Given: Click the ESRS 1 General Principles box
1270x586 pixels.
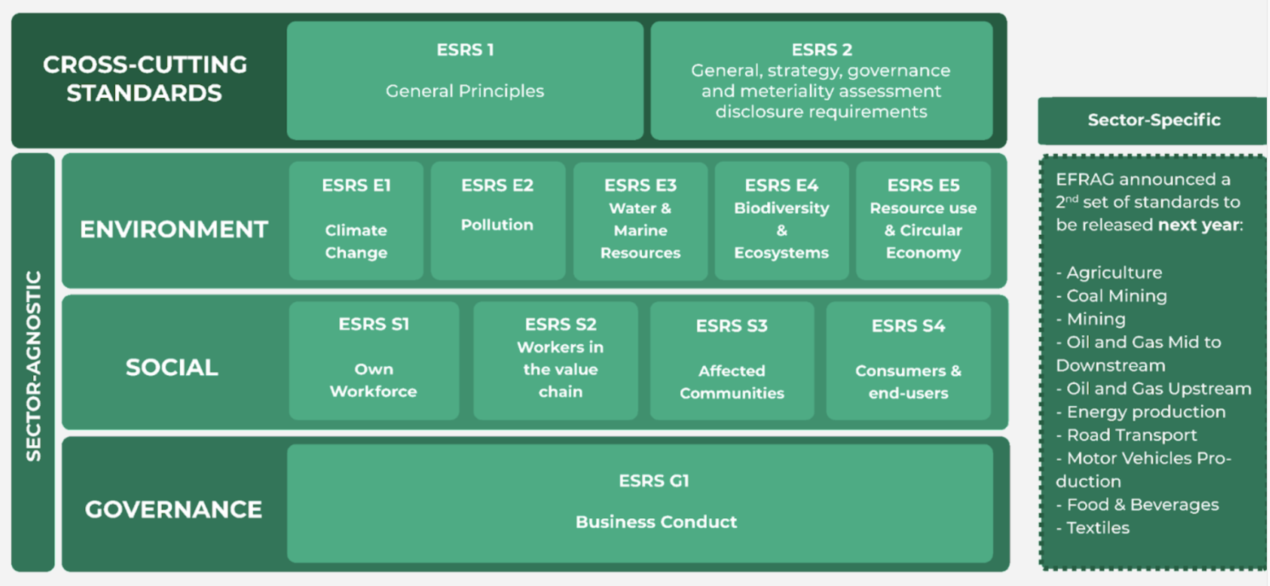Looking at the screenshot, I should tap(465, 80).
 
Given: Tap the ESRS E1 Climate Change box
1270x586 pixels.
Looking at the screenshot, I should tap(356, 220).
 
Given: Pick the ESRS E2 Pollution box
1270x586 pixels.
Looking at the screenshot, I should tap(497, 220).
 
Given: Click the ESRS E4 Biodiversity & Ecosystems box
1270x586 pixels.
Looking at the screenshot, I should tap(781, 220).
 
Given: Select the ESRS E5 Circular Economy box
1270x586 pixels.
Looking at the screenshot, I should tap(923, 220).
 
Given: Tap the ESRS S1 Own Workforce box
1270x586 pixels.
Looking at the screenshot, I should tap(374, 360).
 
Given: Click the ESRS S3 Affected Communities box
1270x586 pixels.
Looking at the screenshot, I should tap(731, 360).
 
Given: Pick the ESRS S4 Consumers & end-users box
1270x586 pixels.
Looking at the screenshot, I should tap(908, 360).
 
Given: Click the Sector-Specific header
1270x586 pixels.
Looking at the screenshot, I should tap(1154, 120).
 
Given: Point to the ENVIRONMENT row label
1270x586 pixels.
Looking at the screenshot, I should tap(174, 230).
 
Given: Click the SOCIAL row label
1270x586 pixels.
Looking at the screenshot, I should tap(171, 368).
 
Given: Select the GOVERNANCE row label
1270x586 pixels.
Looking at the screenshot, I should tap(173, 509).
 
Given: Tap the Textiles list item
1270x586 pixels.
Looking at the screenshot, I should tap(1097, 528).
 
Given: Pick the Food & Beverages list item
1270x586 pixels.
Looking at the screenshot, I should tap(1142, 505).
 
